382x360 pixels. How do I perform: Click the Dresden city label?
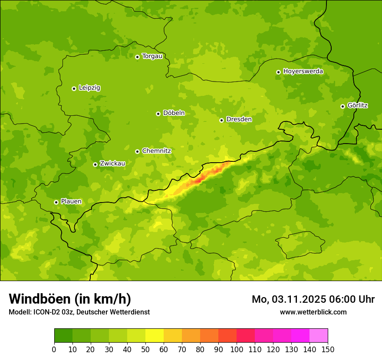click(239, 119)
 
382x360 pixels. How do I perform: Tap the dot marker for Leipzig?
click(74, 88)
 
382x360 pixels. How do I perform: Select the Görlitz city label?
click(357, 105)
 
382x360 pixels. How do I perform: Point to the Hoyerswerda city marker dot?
click(278, 72)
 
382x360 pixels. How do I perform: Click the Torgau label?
click(152, 56)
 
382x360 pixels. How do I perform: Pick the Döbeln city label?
click(174, 113)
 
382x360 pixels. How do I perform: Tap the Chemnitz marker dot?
click(137, 151)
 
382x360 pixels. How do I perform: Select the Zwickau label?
click(112, 164)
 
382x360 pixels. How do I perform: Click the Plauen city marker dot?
click(56, 202)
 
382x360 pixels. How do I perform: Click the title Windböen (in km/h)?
click(70, 299)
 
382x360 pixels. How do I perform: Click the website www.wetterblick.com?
click(313, 312)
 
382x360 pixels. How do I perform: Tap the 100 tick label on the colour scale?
click(236, 349)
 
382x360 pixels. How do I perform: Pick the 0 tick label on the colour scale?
click(54, 349)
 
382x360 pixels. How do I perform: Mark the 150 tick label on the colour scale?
click(327, 349)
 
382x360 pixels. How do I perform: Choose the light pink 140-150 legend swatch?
click(318, 336)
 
